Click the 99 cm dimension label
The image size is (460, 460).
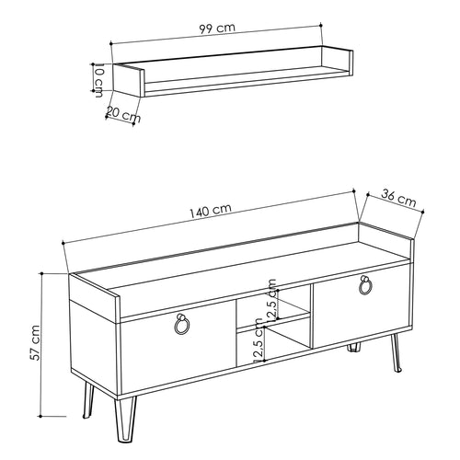coord(217,28)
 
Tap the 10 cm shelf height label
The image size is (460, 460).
coord(98,80)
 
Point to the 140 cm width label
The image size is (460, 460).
coord(210,211)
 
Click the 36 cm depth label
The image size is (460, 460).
coord(398,198)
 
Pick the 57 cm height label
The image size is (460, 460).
coord(36,342)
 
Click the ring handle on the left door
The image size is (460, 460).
coord(181,324)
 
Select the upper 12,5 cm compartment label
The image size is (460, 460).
coord(271,299)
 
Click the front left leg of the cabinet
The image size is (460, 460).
coord(125,420)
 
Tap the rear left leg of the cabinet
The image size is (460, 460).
coord(88,400)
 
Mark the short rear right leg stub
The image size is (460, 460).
coord(353,348)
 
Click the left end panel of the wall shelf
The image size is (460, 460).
coord(128,80)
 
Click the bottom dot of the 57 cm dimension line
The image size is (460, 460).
coord(40,416)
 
